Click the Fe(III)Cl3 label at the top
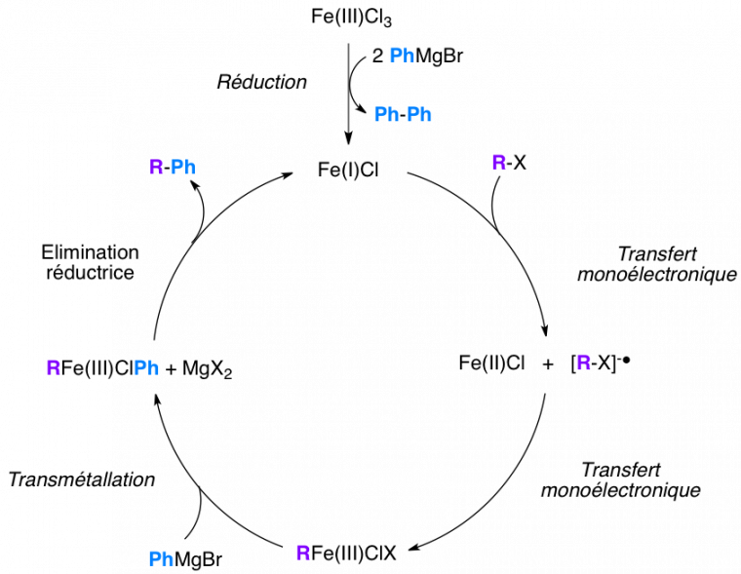coord(351,17)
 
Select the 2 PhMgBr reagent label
coord(417,56)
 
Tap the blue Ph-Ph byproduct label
coord(403,114)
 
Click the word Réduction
coord(262,82)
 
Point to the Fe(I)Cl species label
coord(348,170)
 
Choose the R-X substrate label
coord(509,163)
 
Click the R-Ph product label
coord(173,168)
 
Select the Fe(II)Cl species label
coord(491,363)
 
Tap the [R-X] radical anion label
coord(601,363)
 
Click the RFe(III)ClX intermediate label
coord(346,553)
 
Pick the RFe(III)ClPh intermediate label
coord(102,368)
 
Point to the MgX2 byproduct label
coord(208,369)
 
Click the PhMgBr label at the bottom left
coord(185,559)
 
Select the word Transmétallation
coord(82,479)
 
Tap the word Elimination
coord(91,252)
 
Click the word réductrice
coord(91,272)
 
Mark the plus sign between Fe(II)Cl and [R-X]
coord(548,364)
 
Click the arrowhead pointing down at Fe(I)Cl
coord(348,139)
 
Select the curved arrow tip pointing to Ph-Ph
coord(364,110)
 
